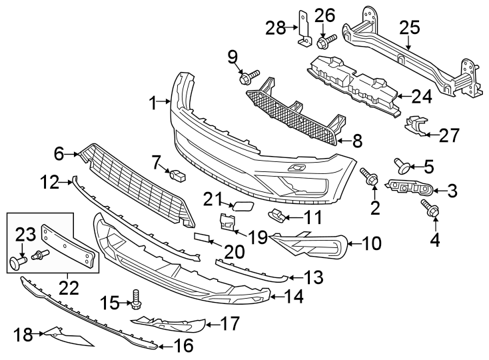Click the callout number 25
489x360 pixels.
[410, 27]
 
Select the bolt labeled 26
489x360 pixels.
[326, 43]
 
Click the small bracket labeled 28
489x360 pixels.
[302, 33]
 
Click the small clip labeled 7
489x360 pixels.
[177, 176]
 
